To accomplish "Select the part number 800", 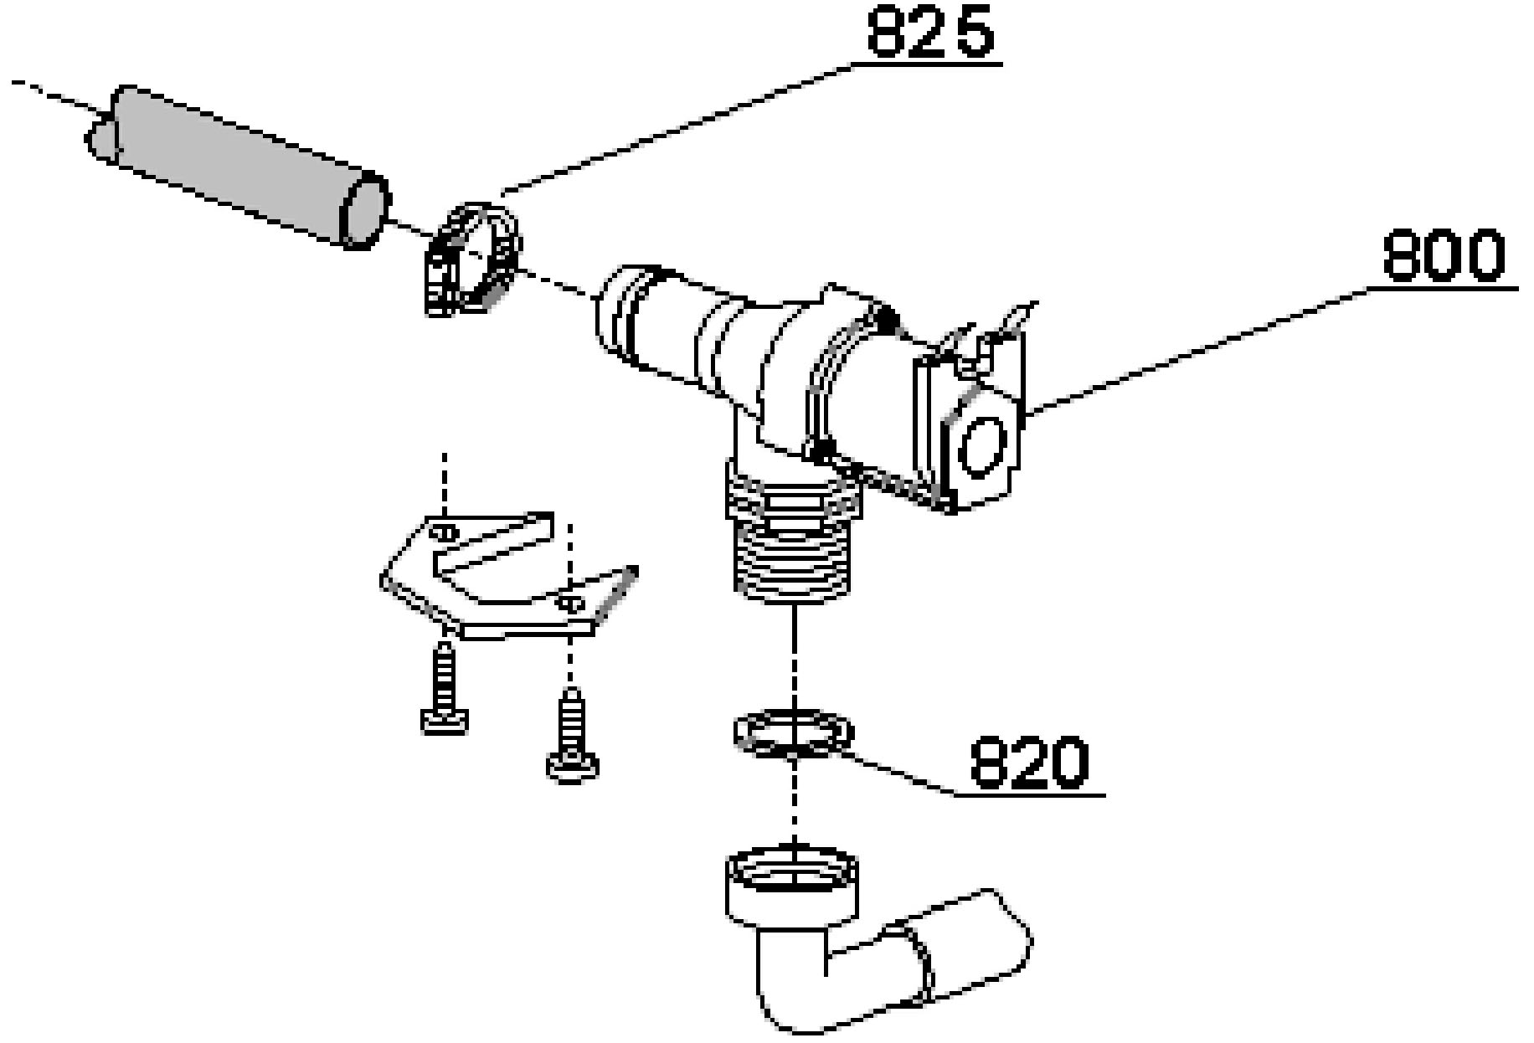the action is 1443,255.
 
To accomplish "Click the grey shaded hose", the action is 239,167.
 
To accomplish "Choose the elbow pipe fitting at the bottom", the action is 871,942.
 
